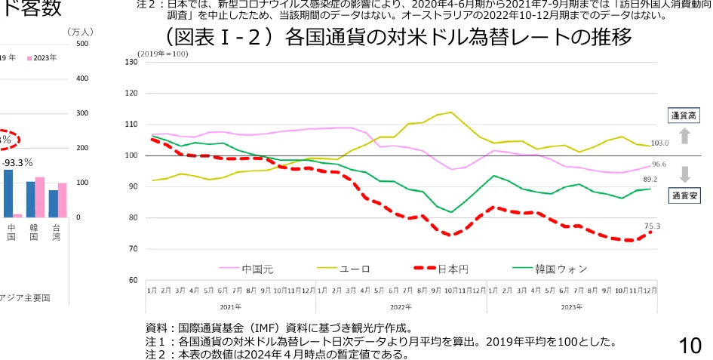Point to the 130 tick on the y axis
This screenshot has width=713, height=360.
coord(132,62)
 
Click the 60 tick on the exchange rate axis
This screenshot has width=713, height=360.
coord(134,280)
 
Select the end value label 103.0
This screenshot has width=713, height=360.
coord(659,143)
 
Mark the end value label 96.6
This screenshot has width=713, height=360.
coord(659,164)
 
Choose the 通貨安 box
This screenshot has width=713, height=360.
coord(684,195)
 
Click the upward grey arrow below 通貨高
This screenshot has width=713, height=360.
coord(684,136)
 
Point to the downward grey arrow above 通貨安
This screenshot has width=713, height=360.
coord(684,174)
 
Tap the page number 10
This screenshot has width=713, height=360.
coord(690,346)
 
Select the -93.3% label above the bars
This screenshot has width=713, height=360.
coord(17,162)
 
